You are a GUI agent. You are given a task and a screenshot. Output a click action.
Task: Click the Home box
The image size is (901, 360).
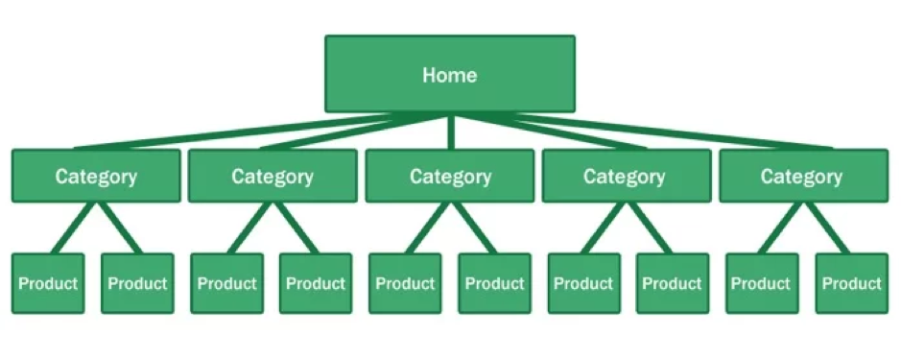[450, 74]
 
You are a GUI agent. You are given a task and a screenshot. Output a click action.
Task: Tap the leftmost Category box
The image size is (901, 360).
[96, 176]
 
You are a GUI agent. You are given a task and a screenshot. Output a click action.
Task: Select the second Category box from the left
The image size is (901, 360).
[273, 176]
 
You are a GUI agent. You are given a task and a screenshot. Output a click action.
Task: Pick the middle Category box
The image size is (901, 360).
[450, 176]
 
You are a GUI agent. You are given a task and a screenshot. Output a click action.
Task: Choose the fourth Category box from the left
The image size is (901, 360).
[625, 176]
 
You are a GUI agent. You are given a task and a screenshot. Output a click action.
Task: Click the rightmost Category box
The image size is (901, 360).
[802, 176]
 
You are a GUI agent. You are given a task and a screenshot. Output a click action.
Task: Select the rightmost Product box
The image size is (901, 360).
[851, 283]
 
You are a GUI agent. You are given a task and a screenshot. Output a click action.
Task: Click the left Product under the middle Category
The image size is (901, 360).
[405, 283]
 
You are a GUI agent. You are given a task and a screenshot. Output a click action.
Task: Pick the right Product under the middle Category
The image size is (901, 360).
[494, 283]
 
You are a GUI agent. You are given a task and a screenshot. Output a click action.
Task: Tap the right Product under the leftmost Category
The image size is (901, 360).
[137, 283]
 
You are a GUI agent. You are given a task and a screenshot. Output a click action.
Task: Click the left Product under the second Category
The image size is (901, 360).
[227, 283]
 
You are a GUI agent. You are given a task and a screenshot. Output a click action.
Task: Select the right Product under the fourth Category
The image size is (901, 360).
[673, 283]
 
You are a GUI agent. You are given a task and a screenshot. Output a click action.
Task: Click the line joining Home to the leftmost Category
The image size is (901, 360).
[240, 132]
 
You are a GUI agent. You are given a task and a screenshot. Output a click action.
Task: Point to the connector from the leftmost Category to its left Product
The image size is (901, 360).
[69, 228]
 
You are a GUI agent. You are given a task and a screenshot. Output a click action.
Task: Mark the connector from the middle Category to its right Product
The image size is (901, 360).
[473, 228]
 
